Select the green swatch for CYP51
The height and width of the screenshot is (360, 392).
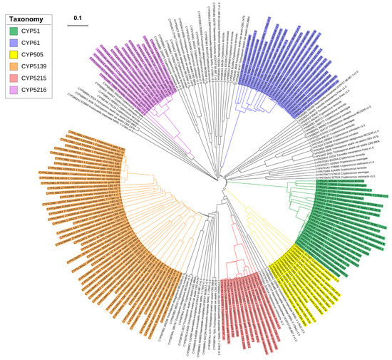(x=14, y=29)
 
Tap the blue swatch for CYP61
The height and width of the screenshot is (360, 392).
(x=14, y=41)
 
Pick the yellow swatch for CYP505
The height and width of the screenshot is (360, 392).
(x=14, y=53)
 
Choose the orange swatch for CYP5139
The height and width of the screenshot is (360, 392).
(x=14, y=66)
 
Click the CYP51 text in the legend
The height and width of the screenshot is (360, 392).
(x=33, y=29)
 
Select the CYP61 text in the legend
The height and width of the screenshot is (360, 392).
(x=33, y=41)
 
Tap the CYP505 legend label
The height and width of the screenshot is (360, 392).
(x=35, y=53)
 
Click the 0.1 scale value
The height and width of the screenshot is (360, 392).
(x=78, y=17)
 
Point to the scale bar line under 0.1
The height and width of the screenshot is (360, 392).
(x=78, y=25)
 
